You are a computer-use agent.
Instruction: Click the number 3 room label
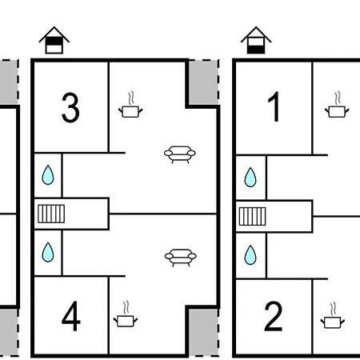click(x=70, y=108)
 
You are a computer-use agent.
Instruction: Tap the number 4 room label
click(x=71, y=316)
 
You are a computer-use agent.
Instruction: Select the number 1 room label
click(x=274, y=106)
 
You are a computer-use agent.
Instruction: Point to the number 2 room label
click(x=274, y=316)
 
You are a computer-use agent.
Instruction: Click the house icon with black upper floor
click(x=54, y=40)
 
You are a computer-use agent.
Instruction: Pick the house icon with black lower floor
click(x=256, y=40)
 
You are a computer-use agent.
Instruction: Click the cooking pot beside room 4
click(x=126, y=314)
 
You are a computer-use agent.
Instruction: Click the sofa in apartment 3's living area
click(x=180, y=154)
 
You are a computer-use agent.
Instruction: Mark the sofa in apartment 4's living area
click(x=181, y=258)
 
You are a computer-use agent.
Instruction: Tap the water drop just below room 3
click(x=48, y=175)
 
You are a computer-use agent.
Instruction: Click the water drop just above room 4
click(x=48, y=252)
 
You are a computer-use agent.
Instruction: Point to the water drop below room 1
click(x=250, y=177)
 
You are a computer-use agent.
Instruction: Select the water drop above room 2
click(x=250, y=255)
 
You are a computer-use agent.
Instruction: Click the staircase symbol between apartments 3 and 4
click(x=51, y=214)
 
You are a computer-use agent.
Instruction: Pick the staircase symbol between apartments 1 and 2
click(x=252, y=216)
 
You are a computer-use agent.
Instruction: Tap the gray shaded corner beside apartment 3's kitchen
click(x=203, y=82)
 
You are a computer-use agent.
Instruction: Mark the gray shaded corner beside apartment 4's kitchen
click(x=203, y=332)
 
